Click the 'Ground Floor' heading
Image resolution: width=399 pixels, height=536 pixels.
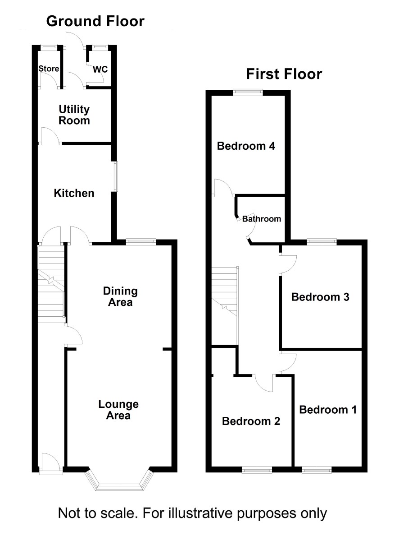[95, 21]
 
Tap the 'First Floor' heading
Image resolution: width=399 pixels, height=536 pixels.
[284, 74]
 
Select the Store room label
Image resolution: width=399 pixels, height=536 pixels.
[49, 69]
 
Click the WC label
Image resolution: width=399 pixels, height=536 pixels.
[100, 69]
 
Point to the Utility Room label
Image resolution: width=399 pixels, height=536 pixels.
[74, 115]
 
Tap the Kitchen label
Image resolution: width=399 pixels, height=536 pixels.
[74, 193]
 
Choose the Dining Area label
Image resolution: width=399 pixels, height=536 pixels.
[120, 296]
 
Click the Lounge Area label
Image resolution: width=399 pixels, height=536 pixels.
[118, 410]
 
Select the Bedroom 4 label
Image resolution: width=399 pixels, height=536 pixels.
[246, 146]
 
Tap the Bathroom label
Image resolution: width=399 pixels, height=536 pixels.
[262, 219]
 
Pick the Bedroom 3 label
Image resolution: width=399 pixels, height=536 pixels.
[320, 297]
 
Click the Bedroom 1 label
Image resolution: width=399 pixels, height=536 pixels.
[328, 410]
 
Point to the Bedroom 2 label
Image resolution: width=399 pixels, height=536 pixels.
[251, 421]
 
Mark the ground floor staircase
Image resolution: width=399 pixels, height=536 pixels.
[51, 284]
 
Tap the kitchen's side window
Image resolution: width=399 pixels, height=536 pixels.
[115, 176]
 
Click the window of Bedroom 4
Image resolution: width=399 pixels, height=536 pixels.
[248, 92]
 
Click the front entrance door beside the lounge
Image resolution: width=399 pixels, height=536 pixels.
[51, 464]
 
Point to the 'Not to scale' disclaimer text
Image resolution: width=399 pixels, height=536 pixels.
[192, 513]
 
